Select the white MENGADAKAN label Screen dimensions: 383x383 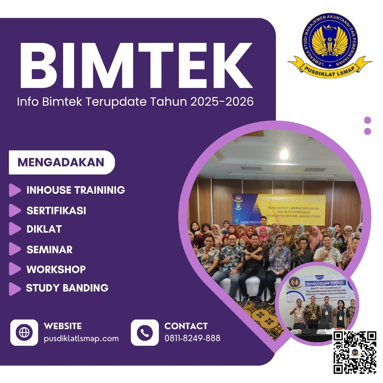tap(61, 162)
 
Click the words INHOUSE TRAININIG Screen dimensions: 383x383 tap(76, 190)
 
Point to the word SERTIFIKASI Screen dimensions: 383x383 tap(56, 210)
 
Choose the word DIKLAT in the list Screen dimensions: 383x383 tap(44, 229)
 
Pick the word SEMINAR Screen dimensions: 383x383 tap(49, 249)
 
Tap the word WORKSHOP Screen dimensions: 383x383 tap(56, 269)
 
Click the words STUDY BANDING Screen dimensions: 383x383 tap(67, 288)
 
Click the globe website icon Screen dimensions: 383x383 tap(24, 333)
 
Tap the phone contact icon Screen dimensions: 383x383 tap(145, 333)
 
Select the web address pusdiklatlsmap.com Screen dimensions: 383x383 tap(81, 338)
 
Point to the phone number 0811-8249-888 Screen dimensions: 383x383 tap(192, 338)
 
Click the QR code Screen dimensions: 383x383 tap(355, 352)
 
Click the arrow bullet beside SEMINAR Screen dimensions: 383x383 tap(15, 249)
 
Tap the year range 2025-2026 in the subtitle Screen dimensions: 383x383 tap(222, 102)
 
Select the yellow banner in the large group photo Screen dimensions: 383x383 tap(279, 209)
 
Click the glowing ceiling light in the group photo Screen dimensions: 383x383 tap(284, 154)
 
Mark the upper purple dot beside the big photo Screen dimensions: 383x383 tap(367, 120)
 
